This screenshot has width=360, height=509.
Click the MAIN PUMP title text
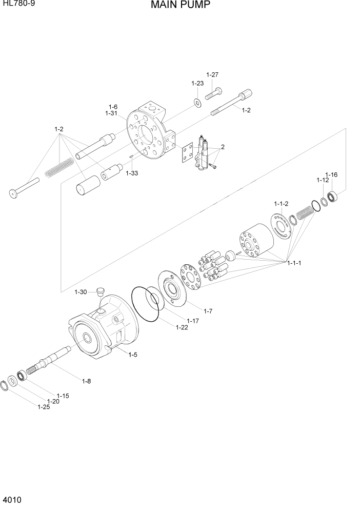(x=180, y=6)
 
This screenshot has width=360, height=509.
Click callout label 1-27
(x=212, y=75)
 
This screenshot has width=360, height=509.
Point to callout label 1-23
(x=197, y=83)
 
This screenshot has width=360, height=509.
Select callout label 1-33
(x=132, y=173)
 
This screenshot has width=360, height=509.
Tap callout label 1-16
(x=331, y=175)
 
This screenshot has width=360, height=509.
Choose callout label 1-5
(x=133, y=355)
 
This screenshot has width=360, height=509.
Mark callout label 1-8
(x=87, y=380)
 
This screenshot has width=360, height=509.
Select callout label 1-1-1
(x=294, y=263)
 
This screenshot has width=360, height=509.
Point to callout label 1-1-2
(x=281, y=204)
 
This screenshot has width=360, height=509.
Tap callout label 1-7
(x=208, y=311)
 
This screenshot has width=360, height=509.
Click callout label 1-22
(x=182, y=327)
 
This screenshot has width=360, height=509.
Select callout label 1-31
(x=112, y=113)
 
